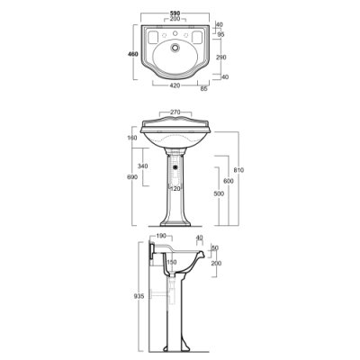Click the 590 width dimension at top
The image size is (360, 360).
coord(175,13)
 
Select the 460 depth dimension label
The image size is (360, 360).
coord(132,54)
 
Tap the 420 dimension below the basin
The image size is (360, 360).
coord(175,85)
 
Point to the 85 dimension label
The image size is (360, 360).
coord(203,89)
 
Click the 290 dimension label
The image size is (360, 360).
coord(220,58)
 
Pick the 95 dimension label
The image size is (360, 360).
coord(220,34)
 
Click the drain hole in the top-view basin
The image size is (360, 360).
coord(175,48)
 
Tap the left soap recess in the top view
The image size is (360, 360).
coord(153,37)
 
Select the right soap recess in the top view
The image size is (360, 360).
coord(197,37)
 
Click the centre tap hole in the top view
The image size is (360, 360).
coord(175,33)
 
